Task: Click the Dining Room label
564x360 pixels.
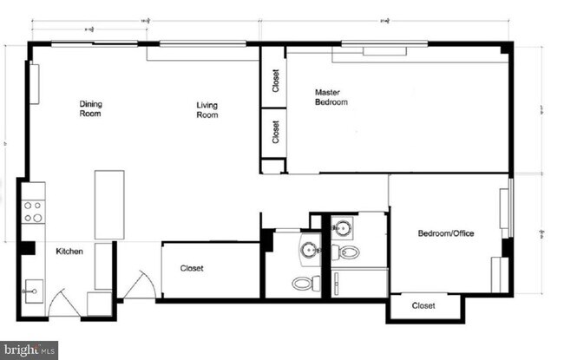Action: pyautogui.click(x=91, y=108)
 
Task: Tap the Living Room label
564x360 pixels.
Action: pyautogui.click(x=207, y=110)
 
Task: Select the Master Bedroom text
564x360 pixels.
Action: pyautogui.click(x=331, y=96)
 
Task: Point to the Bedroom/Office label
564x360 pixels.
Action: pyautogui.click(x=446, y=233)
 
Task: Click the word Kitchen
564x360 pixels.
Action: pyautogui.click(x=69, y=252)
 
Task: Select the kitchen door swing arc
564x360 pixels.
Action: pyautogui.click(x=63, y=303)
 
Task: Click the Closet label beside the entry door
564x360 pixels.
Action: pyautogui.click(x=192, y=269)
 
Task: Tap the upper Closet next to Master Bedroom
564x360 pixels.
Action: pyautogui.click(x=275, y=81)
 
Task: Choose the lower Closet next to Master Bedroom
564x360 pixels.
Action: pyautogui.click(x=275, y=132)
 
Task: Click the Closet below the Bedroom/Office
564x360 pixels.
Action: pyautogui.click(x=423, y=305)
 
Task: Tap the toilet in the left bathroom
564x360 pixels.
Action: pyautogui.click(x=304, y=283)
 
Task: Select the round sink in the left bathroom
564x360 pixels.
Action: pyautogui.click(x=310, y=251)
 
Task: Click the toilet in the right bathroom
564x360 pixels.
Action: pyautogui.click(x=347, y=253)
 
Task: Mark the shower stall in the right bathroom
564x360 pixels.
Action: pyautogui.click(x=359, y=283)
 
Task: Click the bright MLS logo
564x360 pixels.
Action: pyautogui.click(x=28, y=350)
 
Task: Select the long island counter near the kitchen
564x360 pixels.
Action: pyautogui.click(x=109, y=205)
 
